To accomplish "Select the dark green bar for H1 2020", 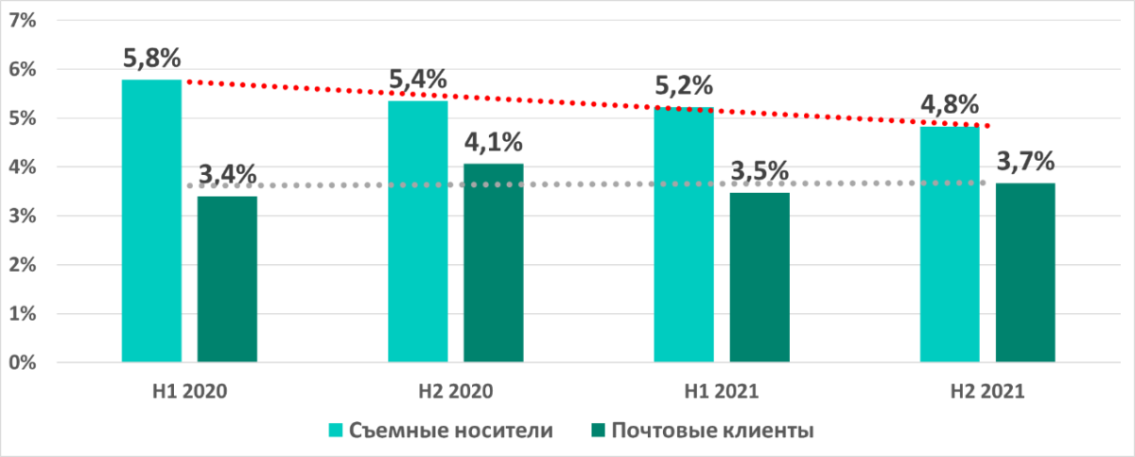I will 227,279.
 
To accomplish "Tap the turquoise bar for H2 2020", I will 418,231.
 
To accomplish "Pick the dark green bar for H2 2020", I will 493,262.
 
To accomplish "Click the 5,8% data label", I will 151,59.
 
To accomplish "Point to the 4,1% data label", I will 493,145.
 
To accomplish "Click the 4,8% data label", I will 950,105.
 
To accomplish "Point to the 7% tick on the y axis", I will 22,20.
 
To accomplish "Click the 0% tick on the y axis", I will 22,362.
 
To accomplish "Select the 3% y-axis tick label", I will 22,216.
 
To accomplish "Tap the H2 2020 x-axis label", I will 455,391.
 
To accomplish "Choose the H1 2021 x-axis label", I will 721,391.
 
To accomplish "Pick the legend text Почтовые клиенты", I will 713,431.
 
